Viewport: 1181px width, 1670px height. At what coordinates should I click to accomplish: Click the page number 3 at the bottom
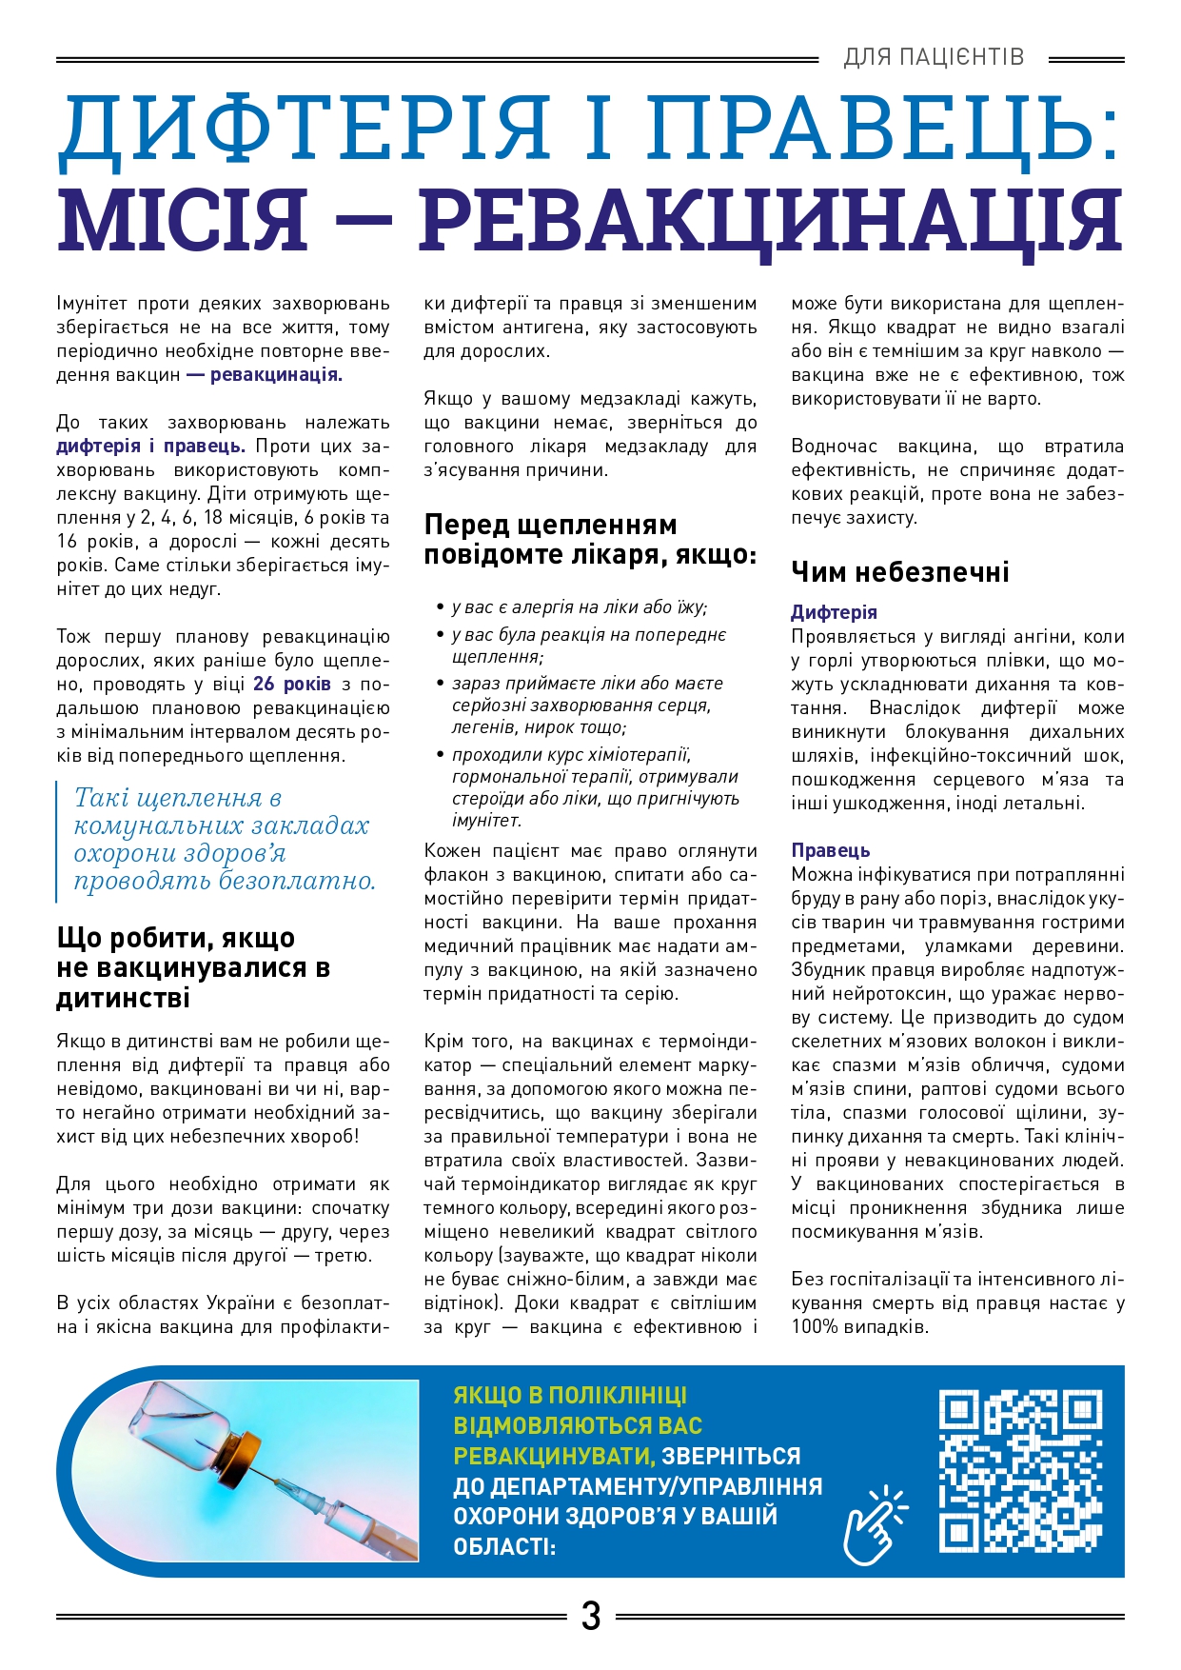click(x=591, y=1616)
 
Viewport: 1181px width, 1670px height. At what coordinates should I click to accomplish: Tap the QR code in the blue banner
click(x=1020, y=1470)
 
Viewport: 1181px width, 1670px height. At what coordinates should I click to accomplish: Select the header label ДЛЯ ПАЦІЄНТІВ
click(x=934, y=57)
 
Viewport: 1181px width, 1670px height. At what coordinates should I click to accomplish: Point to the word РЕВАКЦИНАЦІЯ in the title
click(x=771, y=221)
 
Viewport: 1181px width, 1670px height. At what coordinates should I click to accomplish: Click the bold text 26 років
click(x=292, y=684)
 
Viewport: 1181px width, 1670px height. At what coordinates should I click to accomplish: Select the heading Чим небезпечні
click(x=899, y=571)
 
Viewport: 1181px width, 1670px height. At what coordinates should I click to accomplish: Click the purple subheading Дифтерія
click(x=834, y=612)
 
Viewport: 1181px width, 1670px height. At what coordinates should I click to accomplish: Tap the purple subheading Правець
click(x=831, y=850)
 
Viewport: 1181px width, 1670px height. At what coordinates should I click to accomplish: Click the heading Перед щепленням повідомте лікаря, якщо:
click(x=590, y=539)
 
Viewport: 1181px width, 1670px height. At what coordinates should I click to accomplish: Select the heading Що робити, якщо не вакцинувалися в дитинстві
click(x=194, y=967)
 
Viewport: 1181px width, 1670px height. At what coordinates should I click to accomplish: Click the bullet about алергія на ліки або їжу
click(x=579, y=607)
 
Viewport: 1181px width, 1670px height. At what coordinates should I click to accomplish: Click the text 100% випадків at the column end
click(x=859, y=1326)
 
